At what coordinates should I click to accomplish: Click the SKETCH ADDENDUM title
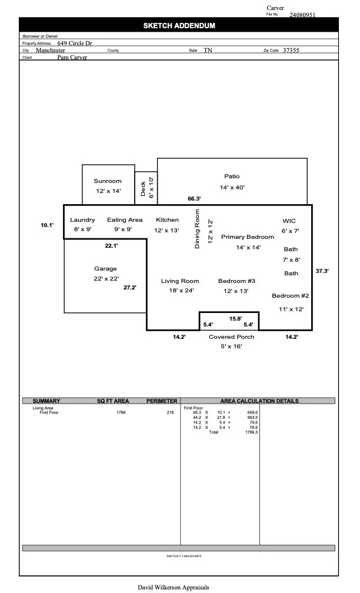[179, 26]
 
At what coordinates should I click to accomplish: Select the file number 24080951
[302, 15]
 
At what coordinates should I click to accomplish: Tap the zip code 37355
[291, 51]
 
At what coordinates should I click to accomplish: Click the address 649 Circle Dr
[75, 43]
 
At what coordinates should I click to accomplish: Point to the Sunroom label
[108, 181]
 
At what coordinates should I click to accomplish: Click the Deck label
[143, 188]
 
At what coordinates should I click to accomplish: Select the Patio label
[232, 176]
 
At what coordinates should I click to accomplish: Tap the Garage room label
[105, 269]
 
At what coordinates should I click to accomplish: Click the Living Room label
[180, 281]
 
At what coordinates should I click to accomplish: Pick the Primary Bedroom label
[248, 237]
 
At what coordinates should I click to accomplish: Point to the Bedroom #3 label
[236, 281]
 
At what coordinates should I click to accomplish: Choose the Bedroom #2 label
[290, 296]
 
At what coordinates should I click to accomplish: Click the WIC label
[289, 221]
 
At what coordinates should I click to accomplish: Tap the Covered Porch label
[231, 337]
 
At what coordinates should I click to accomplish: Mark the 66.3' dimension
[195, 199]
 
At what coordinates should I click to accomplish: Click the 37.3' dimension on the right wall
[322, 271]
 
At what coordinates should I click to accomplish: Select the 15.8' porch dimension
[235, 319]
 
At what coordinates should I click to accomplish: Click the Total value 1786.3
[250, 432]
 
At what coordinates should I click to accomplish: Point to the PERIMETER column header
[162, 401]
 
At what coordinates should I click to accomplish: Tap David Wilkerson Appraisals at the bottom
[173, 587]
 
